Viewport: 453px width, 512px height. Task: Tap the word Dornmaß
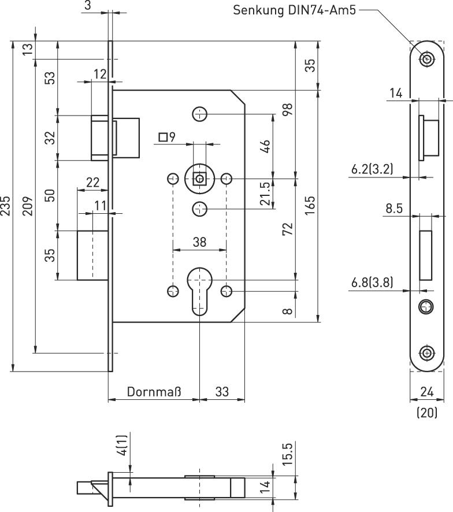(x=154, y=392)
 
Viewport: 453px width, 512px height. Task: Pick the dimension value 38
(x=199, y=242)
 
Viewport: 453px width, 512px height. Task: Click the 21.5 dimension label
(x=265, y=194)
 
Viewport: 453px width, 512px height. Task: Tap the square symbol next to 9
(x=163, y=138)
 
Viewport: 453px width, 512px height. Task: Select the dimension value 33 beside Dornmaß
(x=222, y=392)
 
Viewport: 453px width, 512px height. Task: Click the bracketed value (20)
(x=427, y=413)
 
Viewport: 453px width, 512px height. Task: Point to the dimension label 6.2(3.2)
(x=372, y=169)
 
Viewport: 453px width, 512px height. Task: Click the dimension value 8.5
(x=394, y=208)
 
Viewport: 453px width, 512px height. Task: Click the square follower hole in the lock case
(x=199, y=179)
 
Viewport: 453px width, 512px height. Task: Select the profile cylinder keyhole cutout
(x=199, y=289)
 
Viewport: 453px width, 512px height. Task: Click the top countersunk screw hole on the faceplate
(x=427, y=58)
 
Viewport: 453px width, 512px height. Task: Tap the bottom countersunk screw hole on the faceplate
(x=427, y=352)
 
